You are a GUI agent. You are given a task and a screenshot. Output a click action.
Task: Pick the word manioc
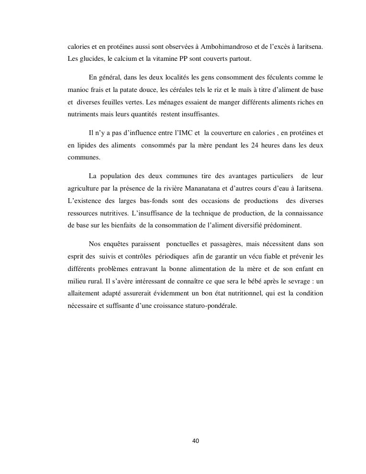click(x=77, y=90)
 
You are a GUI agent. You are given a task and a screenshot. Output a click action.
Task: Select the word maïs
click(x=243, y=90)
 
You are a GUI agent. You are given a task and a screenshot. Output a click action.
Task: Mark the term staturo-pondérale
click(x=210, y=306)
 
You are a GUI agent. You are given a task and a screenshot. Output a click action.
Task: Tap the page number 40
click(x=195, y=441)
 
